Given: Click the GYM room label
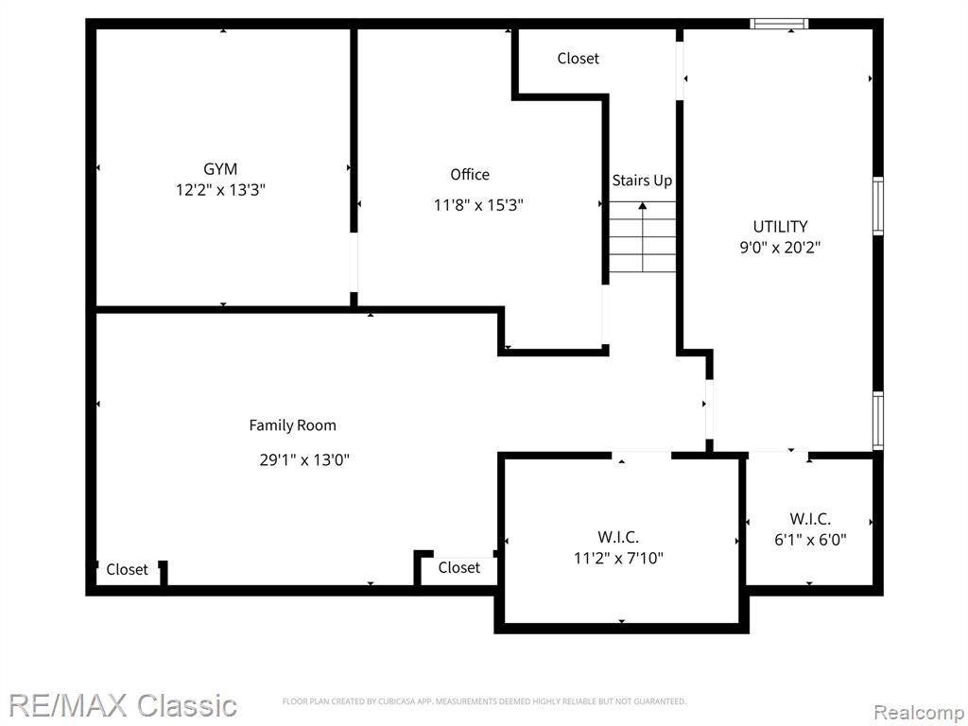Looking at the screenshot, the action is (220, 168).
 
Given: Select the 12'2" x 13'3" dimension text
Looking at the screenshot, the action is (220, 189).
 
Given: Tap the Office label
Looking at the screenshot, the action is (470, 175).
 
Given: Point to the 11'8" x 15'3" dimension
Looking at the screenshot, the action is (478, 205).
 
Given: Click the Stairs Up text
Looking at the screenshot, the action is (642, 181).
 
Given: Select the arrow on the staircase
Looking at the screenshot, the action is (643, 237).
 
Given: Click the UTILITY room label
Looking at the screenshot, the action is (780, 226).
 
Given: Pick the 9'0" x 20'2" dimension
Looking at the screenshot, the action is (780, 248).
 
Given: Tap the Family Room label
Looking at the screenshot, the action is (293, 425).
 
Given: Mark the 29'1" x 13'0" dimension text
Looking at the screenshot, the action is (304, 460).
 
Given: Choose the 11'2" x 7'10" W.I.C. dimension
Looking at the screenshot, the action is (618, 558).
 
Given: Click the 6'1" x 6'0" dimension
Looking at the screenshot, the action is (810, 540).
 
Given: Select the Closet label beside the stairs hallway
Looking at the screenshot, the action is (578, 58).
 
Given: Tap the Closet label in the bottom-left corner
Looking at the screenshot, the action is (128, 569).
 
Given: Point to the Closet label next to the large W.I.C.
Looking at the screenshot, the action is (458, 567).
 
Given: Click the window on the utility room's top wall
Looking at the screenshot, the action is (779, 24).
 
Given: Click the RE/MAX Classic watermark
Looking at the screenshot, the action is (124, 704).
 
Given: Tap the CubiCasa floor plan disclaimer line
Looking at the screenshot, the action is (484, 701).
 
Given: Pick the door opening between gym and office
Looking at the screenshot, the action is (354, 263).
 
